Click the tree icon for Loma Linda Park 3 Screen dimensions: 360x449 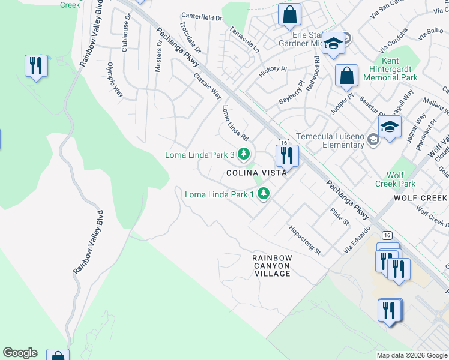[x=243, y=155]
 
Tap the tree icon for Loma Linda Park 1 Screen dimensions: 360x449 [x=263, y=194]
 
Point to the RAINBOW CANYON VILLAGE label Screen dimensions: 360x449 [x=272, y=265]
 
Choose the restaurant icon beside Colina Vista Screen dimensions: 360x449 [x=287, y=156]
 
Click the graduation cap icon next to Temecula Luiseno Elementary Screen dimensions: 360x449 [x=390, y=127]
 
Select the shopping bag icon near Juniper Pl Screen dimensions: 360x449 [x=346, y=76]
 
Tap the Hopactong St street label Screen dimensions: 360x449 [x=304, y=239]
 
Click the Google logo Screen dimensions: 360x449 [x=20, y=353]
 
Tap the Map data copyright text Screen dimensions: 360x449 [x=411, y=355]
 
